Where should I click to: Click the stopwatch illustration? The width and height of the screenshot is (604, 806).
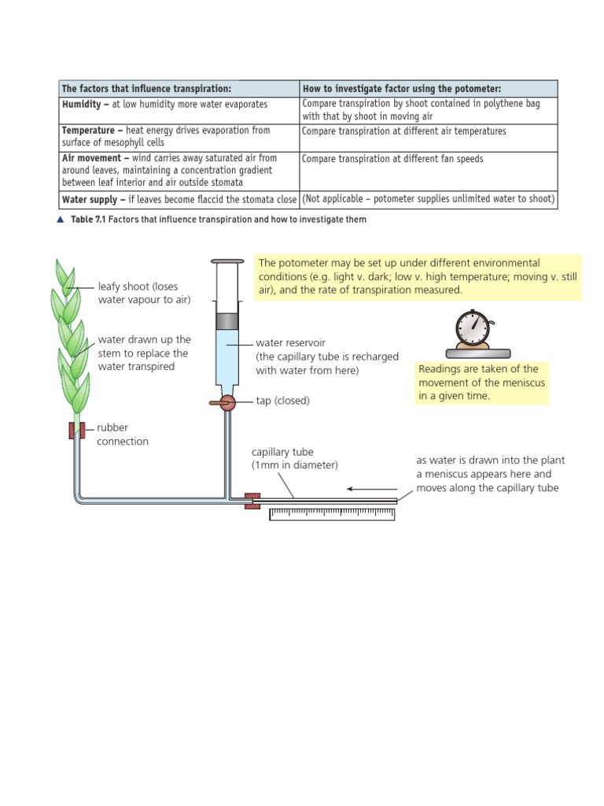[x=475, y=330]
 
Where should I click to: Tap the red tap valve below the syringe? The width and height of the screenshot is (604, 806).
[x=226, y=402]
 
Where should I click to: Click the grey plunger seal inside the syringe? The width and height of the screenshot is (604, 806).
[x=227, y=321]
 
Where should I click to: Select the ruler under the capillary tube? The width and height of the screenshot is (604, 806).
[x=331, y=514]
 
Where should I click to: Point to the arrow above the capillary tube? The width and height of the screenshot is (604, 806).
[x=371, y=489]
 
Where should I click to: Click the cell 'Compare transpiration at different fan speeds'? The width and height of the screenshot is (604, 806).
[x=392, y=159]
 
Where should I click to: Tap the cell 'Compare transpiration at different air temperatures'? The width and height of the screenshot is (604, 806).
[x=403, y=131]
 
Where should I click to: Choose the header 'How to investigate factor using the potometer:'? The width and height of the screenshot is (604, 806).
[x=401, y=88]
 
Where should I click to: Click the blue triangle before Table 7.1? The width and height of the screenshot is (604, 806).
[x=61, y=220]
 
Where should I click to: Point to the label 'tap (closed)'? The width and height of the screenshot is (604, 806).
[x=282, y=401]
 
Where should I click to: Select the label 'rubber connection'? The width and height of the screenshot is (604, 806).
[x=122, y=434]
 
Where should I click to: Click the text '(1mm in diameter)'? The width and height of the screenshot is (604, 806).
[x=294, y=464]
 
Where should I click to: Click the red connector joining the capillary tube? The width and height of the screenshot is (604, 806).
[x=252, y=501]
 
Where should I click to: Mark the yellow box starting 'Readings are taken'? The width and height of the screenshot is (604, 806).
[x=482, y=383]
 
